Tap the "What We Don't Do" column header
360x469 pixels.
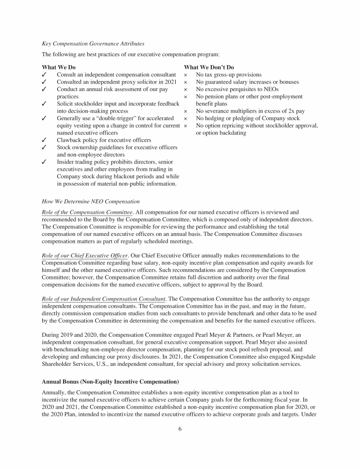coord(209,68)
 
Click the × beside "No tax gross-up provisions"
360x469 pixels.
coord(186,75)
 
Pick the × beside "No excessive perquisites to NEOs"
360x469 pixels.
coord(186,89)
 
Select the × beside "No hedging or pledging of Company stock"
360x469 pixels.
coord(186,118)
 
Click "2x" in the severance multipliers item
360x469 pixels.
coord(287,111)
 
